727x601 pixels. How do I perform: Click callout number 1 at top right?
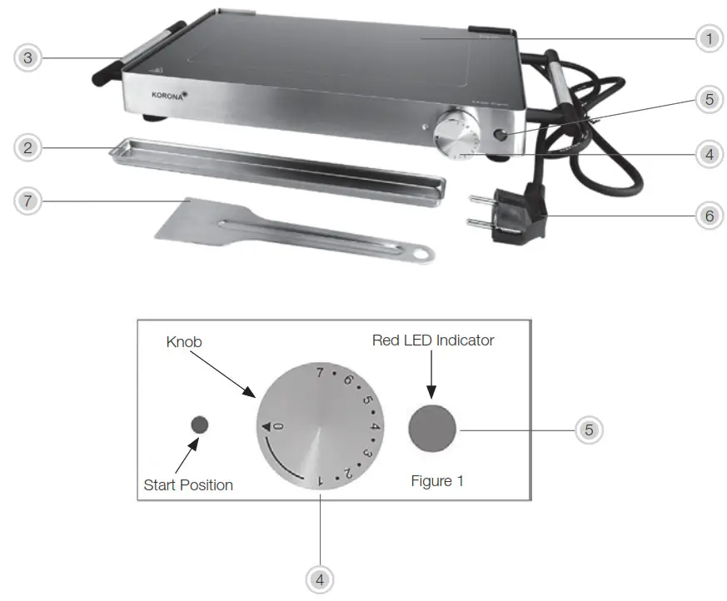[x=710, y=38]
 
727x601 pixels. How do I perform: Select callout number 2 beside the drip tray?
[x=27, y=148]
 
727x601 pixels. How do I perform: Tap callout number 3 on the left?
[x=27, y=57]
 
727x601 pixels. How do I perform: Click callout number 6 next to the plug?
[x=710, y=215]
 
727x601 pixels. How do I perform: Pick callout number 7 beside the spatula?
[x=27, y=201]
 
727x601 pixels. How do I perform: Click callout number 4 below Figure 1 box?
[x=321, y=578]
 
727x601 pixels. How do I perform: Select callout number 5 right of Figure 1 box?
[x=589, y=430]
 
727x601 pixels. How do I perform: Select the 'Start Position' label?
[x=188, y=484]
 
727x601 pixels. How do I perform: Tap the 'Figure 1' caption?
[x=437, y=481]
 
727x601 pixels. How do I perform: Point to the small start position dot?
[x=200, y=425]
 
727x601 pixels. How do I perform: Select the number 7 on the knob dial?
[x=319, y=372]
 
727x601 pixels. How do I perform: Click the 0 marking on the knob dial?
[x=278, y=426]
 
